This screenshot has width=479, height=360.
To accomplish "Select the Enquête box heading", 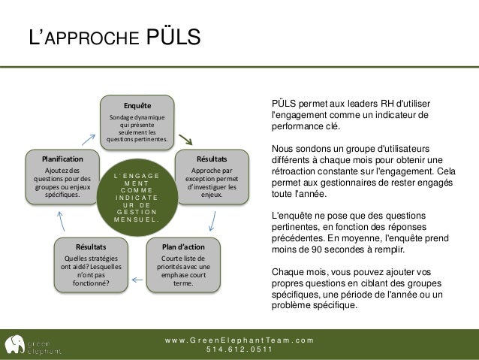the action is click(x=137, y=104).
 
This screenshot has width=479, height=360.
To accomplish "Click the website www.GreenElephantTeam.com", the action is click(x=239, y=339).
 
